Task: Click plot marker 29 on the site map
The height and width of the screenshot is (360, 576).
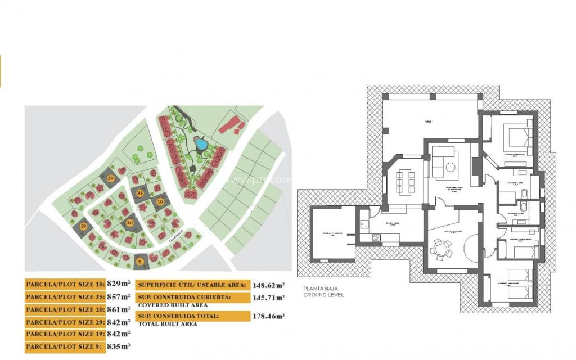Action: (111, 178)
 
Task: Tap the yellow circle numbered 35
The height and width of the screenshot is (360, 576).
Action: (140, 193)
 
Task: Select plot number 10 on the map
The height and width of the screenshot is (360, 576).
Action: (160, 201)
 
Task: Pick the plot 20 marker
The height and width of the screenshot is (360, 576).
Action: (130, 223)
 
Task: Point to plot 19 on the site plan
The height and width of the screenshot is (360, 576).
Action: (84, 227)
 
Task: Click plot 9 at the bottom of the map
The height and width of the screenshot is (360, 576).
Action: (139, 260)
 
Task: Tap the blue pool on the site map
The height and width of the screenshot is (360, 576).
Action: (200, 144)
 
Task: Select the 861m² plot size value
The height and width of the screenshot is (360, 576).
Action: (119, 309)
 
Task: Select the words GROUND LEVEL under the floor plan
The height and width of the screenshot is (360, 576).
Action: (323, 295)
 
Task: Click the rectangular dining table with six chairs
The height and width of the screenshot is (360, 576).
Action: (404, 181)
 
